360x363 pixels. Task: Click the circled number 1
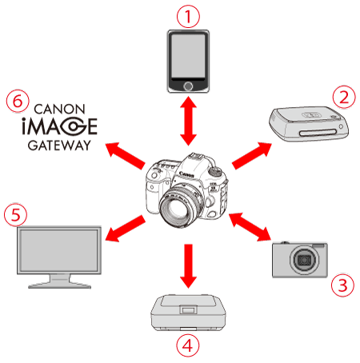point(188,16)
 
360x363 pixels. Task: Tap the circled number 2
point(344,97)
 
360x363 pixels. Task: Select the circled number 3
point(342,285)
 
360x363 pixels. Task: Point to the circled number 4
point(188,345)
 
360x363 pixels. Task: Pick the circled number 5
point(16,215)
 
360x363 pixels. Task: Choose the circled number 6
point(18,102)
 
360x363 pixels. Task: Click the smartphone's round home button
point(188,86)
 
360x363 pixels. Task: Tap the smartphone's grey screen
point(188,56)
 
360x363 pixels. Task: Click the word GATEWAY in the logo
point(59,146)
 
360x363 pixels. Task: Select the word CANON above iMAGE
point(59,110)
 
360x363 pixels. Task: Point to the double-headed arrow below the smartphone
point(188,121)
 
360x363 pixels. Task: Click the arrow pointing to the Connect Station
point(252,156)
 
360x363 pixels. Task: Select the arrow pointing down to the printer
point(188,266)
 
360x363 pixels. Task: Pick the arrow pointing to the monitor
point(126,229)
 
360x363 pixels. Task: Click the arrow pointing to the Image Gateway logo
point(126,156)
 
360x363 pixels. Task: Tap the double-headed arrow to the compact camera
point(250,227)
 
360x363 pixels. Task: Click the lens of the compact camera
point(305,260)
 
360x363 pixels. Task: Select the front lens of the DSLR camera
point(178,205)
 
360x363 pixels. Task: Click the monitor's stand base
point(60,285)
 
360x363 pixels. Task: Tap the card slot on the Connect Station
point(318,133)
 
